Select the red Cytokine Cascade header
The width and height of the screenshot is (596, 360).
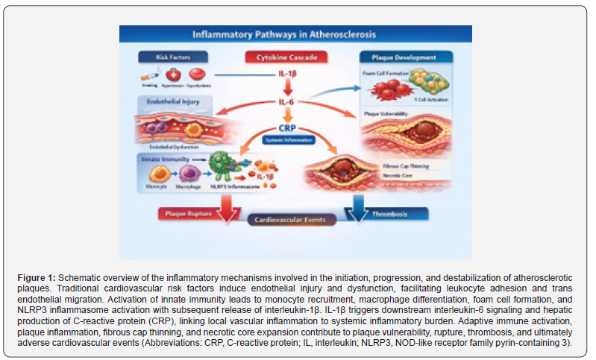coord(287,57)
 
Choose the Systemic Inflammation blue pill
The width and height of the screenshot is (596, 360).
coord(287,140)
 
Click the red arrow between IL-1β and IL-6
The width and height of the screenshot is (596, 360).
coord(287,88)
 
